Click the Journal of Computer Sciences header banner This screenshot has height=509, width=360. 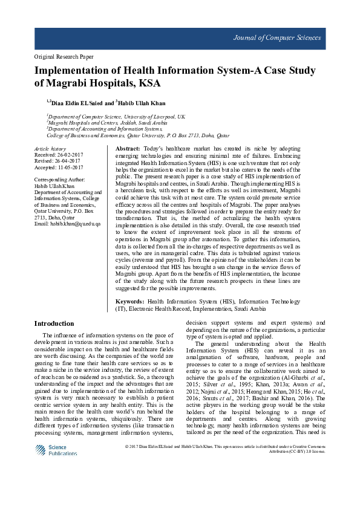[180, 38]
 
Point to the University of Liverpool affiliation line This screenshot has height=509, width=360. [116, 115]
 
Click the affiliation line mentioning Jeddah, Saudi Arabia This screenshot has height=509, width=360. [99, 122]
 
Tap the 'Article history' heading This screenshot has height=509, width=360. [50, 148]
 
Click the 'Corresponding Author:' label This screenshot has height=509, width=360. [59, 180]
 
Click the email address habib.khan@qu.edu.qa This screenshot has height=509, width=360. [67, 224]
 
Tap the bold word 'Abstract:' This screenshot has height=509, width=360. [128, 148]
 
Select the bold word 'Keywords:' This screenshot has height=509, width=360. [129, 301]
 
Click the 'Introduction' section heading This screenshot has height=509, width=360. [54, 323]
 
